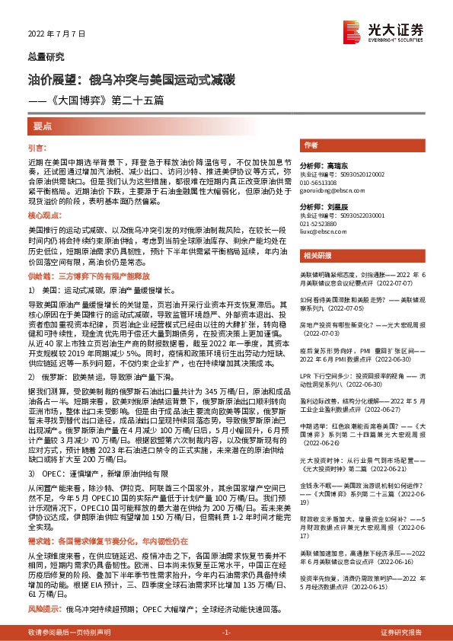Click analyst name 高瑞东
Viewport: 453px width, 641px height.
tap(333, 164)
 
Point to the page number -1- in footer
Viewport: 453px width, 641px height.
tap(226, 633)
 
